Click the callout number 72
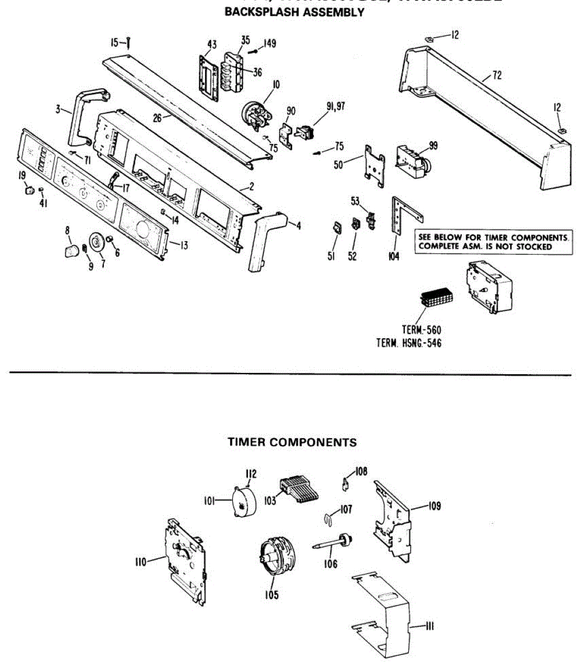[x=496, y=75]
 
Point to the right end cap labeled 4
[x=262, y=240]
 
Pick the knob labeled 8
[x=69, y=250]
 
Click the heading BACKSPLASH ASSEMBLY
[x=294, y=12]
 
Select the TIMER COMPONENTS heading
[x=292, y=442]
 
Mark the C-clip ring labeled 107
[x=329, y=518]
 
